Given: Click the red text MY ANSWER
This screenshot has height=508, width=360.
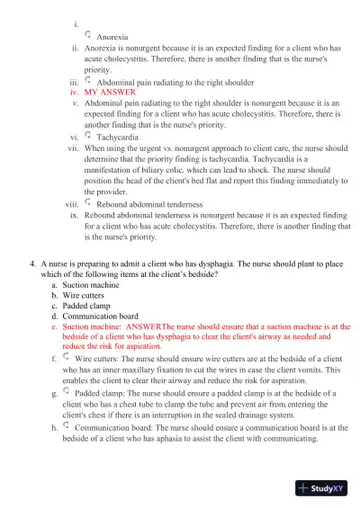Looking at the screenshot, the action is click(109, 93).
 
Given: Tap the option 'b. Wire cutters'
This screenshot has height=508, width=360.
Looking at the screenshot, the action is click(79, 296).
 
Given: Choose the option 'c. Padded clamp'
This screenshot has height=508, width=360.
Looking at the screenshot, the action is click(82, 307).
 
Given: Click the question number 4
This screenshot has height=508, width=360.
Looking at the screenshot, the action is click(32, 263).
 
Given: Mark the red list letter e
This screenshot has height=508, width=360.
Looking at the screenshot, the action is click(54, 327).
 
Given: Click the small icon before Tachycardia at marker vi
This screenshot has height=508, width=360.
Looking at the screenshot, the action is click(87, 137).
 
